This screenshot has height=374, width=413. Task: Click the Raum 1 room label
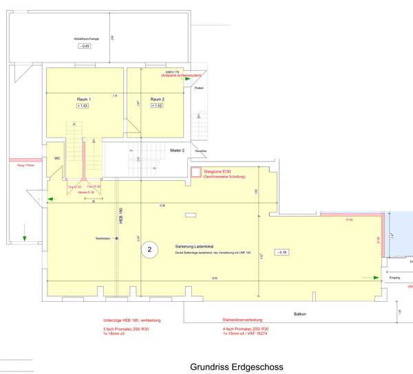coord(83,99)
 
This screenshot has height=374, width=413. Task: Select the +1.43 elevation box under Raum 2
coord(157,106)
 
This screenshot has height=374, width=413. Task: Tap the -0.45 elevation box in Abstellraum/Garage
coord(85,46)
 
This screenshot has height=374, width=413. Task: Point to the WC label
coord(57,157)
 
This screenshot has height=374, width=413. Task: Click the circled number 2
coord(148,250)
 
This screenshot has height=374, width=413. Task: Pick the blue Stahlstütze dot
coord(117,239)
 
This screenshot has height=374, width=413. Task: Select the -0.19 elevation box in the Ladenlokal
coord(282,252)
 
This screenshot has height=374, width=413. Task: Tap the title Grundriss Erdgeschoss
coord(236,367)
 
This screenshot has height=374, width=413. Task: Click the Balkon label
coord(300,314)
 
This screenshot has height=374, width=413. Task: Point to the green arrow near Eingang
coord(377,278)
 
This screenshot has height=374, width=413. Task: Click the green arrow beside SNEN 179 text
coord(188,79)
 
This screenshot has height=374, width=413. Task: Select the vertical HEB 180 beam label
coord(120,216)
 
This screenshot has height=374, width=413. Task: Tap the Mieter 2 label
coord(178,150)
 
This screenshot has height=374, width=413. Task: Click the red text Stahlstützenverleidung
coord(242,320)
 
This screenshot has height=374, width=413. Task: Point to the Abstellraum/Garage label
coord(86,38)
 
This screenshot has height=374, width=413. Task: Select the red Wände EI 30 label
coord(86,192)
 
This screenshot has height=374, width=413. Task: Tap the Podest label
coord(199,88)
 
